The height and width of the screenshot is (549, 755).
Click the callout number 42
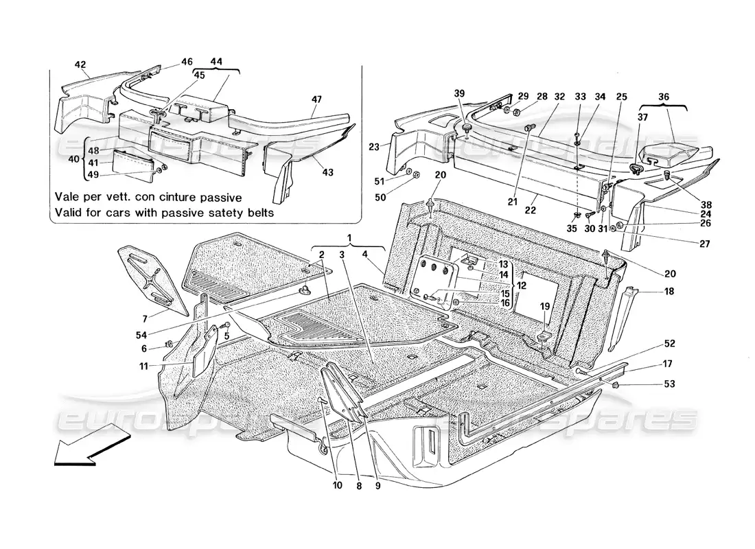click(x=80, y=65)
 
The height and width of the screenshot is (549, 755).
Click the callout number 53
click(x=670, y=384)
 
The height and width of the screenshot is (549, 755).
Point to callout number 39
click(x=459, y=93)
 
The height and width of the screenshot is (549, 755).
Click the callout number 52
click(x=669, y=343)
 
